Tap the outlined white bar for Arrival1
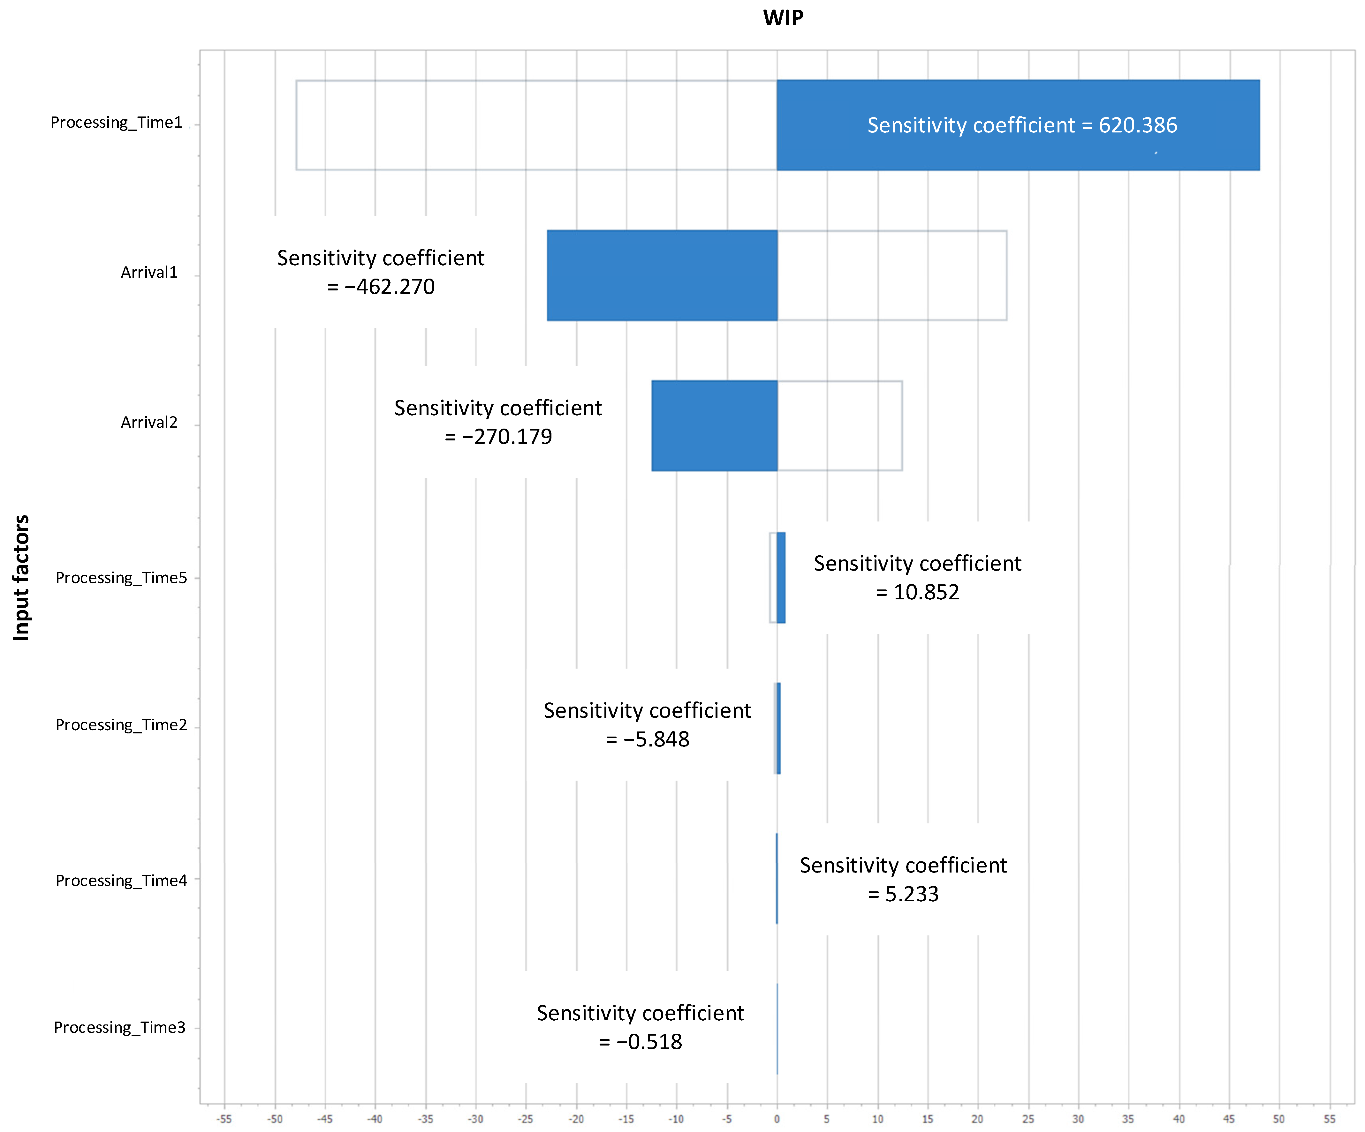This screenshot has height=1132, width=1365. click(x=892, y=275)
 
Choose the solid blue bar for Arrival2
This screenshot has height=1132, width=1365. click(x=714, y=426)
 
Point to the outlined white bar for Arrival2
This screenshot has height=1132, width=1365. click(x=840, y=426)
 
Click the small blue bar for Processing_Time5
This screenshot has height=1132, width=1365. click(x=781, y=578)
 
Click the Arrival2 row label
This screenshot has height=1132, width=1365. click(x=149, y=423)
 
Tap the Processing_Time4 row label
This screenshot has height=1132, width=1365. click(x=121, y=881)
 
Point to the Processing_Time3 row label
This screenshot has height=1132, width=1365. click(x=119, y=1027)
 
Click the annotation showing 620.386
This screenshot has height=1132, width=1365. click(x=1022, y=125)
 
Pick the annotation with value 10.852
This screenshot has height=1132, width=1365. click(x=917, y=578)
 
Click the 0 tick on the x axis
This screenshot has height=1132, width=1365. click(x=777, y=1119)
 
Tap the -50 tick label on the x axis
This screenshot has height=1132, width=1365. click(x=275, y=1119)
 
